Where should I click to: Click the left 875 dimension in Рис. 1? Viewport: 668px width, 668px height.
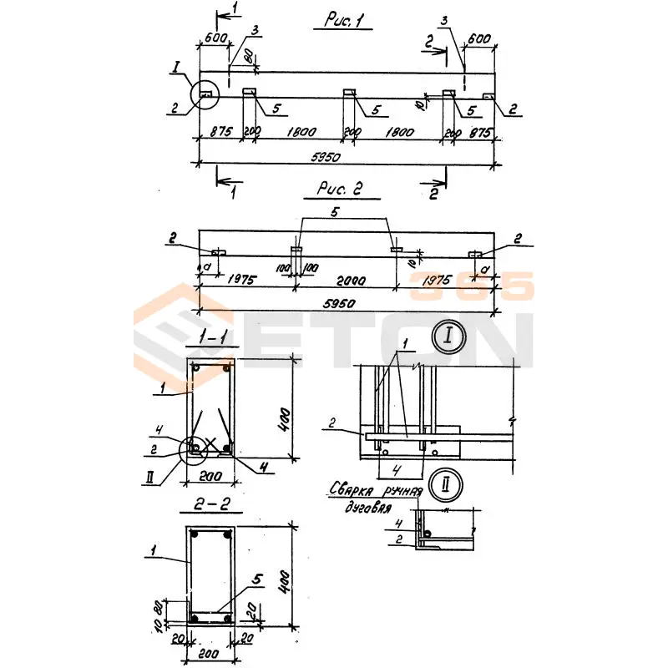tap(220, 131)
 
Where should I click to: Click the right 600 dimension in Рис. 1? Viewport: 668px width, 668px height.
tap(478, 38)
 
